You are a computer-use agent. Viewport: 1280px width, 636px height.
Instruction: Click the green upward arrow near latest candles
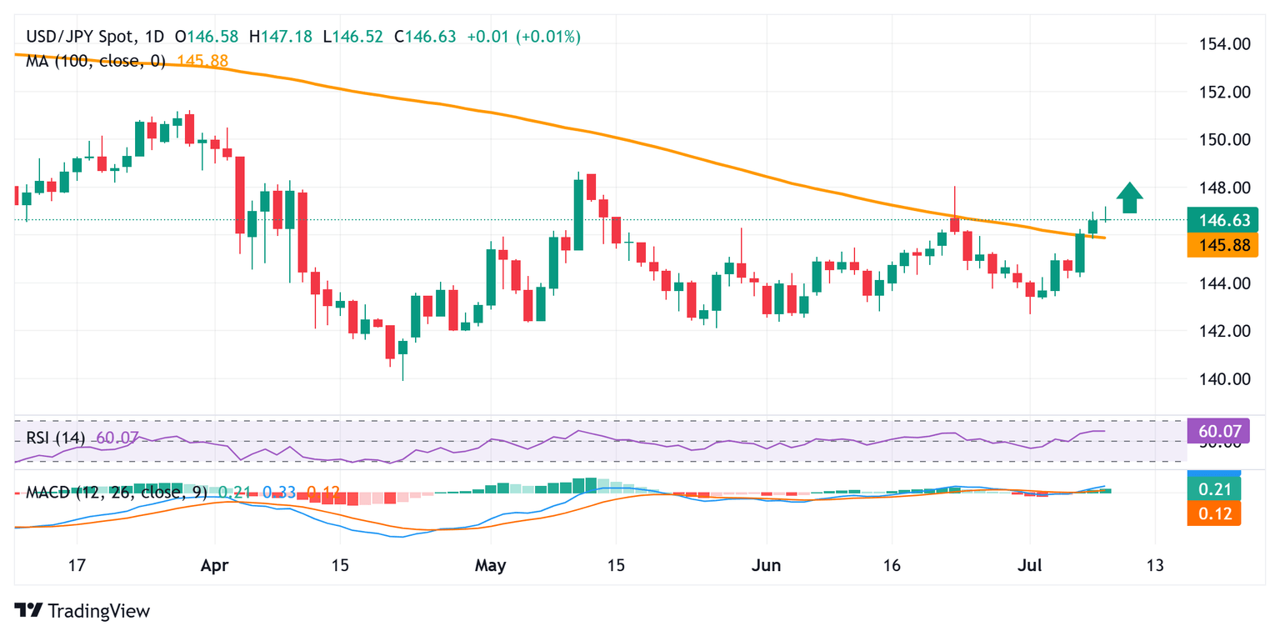coord(1129,198)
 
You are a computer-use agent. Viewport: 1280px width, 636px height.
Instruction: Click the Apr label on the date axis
coord(215,566)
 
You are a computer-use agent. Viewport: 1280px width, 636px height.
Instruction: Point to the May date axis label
coord(490,566)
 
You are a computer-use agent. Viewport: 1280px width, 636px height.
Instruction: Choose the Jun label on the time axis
coord(766,566)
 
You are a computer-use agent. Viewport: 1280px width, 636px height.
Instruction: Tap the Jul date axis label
coord(1029,566)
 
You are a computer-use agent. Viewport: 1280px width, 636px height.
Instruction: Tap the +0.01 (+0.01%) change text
coord(524,37)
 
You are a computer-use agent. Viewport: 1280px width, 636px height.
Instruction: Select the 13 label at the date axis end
coord(1155,566)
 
